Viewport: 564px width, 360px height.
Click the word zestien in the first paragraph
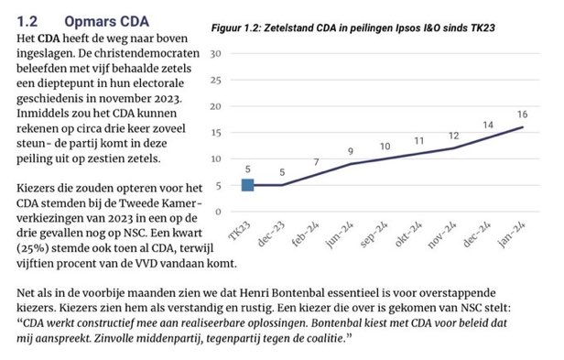[105, 157]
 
